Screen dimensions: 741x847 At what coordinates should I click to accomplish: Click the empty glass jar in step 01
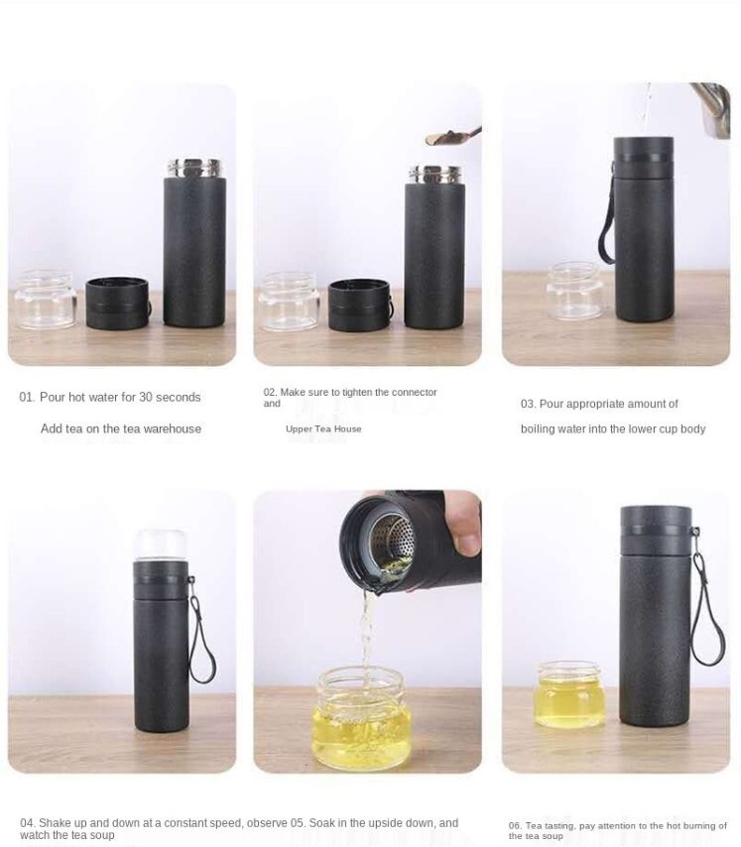(46, 300)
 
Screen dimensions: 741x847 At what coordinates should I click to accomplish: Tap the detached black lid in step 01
(118, 303)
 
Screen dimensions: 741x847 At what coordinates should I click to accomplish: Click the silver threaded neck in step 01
(194, 168)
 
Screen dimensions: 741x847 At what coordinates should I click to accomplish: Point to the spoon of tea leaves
(452, 136)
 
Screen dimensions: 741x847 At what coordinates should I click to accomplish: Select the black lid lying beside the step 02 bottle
(360, 305)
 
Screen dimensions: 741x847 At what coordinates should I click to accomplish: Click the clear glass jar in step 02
(289, 302)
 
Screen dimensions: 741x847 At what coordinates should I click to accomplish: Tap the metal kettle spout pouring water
(711, 108)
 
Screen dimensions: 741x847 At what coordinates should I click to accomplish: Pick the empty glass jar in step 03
(573, 291)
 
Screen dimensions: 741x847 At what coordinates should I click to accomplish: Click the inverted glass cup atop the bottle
(161, 544)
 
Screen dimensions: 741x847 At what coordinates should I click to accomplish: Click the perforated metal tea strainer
(393, 542)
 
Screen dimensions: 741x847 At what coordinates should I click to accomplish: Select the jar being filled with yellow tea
(361, 718)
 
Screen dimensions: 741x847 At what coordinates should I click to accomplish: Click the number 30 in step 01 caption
(146, 397)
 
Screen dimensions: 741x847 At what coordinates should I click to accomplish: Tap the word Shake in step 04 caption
(53, 823)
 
